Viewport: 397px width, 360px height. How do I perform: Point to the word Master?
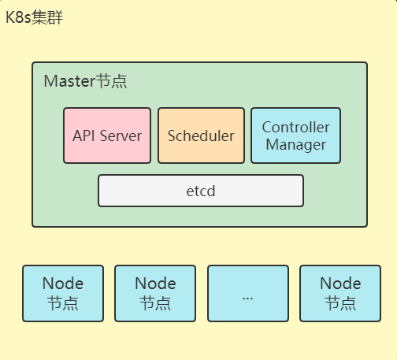click(x=69, y=81)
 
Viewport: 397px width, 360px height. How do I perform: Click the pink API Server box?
click(x=107, y=135)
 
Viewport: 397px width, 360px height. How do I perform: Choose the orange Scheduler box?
click(x=201, y=135)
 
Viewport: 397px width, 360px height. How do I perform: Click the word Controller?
click(x=296, y=127)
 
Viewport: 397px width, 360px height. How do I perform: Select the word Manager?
click(x=296, y=145)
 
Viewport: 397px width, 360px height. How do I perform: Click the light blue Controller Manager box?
click(x=296, y=135)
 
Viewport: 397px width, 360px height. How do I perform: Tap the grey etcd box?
click(x=201, y=191)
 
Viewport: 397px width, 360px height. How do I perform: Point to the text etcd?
click(x=201, y=191)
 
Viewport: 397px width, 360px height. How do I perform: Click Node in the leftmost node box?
click(x=63, y=284)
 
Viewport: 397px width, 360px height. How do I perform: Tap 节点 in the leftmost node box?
click(x=63, y=303)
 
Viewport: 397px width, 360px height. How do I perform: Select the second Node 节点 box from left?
click(x=155, y=293)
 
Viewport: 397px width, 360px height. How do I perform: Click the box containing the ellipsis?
click(x=247, y=293)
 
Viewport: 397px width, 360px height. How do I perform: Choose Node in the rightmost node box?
click(x=340, y=284)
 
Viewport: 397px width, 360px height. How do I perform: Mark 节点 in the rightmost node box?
click(x=340, y=303)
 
